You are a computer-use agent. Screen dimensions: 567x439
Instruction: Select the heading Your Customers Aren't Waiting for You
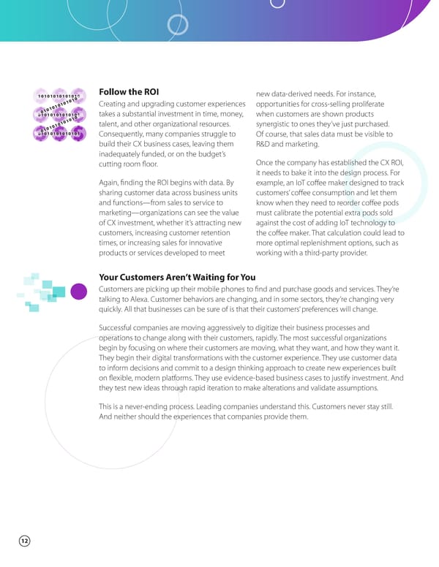click(x=177, y=277)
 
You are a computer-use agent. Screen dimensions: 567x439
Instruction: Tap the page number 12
click(x=24, y=541)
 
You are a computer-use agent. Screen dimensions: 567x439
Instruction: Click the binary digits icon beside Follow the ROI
click(x=59, y=115)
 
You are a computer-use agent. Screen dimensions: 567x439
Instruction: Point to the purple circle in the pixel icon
click(x=79, y=293)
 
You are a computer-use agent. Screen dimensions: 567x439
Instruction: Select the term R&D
click(x=265, y=145)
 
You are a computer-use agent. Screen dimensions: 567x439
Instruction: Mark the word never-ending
click(x=151, y=406)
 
